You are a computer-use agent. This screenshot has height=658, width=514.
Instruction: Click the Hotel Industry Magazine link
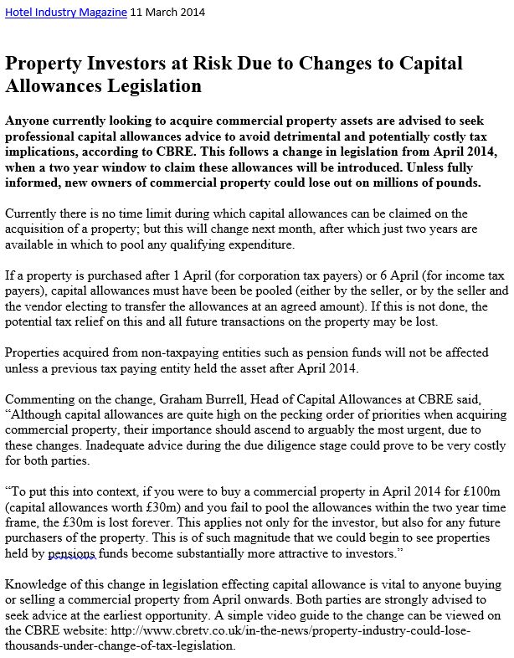point(66,13)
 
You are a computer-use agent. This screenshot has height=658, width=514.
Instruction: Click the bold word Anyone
point(28,121)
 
